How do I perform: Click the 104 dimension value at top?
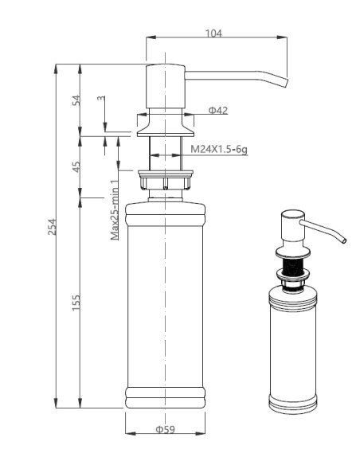click(x=213, y=33)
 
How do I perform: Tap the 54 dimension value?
click(x=77, y=100)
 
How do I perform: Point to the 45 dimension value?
click(x=77, y=166)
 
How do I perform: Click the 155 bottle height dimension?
click(x=77, y=303)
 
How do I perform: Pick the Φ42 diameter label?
click(x=218, y=110)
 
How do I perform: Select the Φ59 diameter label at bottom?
click(x=165, y=431)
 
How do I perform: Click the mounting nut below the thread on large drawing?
click(x=165, y=180)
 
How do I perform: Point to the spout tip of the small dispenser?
click(x=345, y=239)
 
